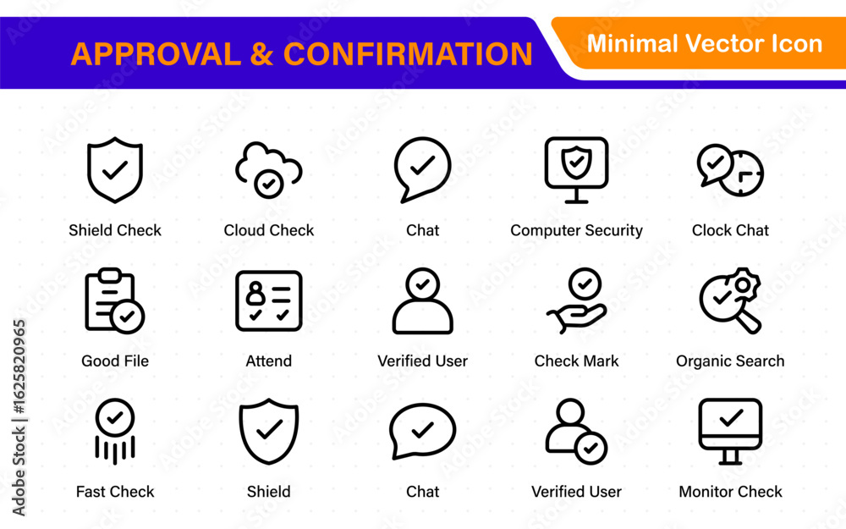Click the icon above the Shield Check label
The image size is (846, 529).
[x=115, y=170]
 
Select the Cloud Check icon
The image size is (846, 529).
[x=269, y=169]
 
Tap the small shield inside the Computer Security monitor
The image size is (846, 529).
[x=576, y=162]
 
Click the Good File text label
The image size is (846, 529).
[x=115, y=361]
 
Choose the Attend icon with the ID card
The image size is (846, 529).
[x=269, y=300]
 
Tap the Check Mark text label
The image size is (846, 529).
[x=576, y=361]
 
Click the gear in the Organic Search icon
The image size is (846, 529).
[x=744, y=285]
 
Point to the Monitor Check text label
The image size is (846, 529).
[x=730, y=491]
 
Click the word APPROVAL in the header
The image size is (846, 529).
[x=156, y=54]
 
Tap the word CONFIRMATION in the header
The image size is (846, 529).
[x=408, y=54]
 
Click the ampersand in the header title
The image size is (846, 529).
[x=261, y=54]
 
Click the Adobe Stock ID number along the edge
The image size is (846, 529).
[x=19, y=366]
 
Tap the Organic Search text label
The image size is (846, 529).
[x=730, y=361]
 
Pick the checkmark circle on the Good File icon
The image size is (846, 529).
[x=128, y=317]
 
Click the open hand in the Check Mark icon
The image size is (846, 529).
[x=576, y=317]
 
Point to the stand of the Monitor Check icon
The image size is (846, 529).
[x=730, y=457]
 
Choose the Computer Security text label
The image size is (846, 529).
[x=576, y=230]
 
